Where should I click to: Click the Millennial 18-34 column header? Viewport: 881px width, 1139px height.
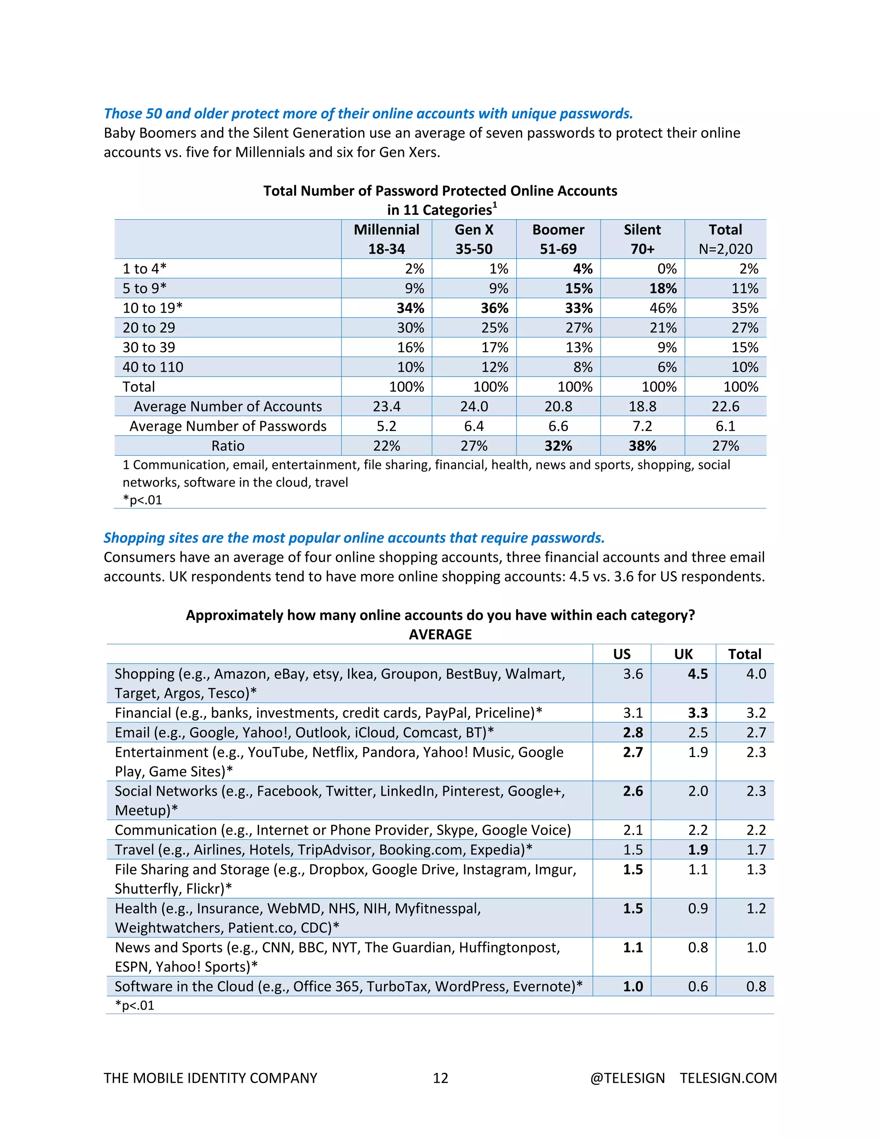click(386, 239)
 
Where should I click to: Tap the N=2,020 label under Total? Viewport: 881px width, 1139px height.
click(725, 249)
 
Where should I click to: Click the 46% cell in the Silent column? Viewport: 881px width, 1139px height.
click(663, 308)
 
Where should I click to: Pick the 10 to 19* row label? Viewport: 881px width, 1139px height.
click(152, 308)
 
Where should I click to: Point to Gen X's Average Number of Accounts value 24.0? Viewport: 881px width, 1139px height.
click(474, 406)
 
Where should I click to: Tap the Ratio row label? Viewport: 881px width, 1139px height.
click(228, 446)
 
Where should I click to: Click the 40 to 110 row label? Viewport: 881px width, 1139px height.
click(153, 367)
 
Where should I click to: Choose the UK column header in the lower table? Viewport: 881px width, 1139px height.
click(683, 654)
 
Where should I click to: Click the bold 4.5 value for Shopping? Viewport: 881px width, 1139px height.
click(697, 674)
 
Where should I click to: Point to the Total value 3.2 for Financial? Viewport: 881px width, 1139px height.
click(756, 713)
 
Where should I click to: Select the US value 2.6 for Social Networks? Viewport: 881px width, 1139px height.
click(632, 791)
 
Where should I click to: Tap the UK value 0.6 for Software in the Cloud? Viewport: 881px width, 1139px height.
click(697, 986)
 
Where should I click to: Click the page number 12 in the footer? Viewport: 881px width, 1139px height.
click(440, 1078)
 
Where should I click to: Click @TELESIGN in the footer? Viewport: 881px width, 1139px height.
click(627, 1078)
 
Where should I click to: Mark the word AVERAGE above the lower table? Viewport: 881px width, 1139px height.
click(440, 635)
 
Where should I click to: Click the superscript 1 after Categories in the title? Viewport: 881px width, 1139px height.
click(495, 205)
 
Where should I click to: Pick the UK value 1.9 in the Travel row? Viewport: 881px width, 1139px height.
click(697, 850)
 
